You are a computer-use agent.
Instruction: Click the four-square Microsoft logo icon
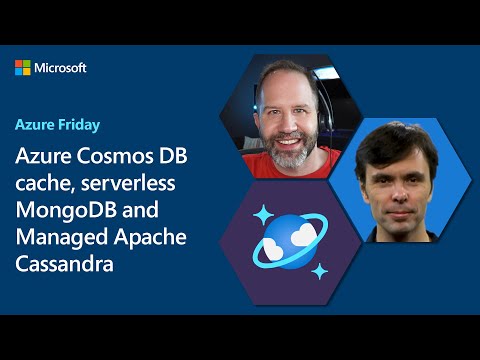24,68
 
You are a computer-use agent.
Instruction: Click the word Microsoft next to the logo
61,68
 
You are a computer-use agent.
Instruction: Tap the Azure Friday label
57,126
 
